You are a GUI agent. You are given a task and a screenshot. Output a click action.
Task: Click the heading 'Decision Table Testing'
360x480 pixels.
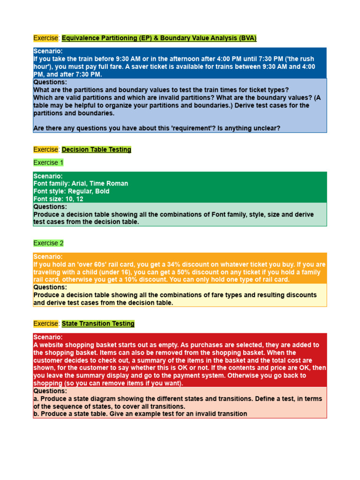tap(97, 150)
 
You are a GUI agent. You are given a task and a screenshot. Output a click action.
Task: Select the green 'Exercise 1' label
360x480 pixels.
tap(48, 163)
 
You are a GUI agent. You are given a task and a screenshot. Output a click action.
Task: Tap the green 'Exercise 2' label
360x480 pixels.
tap(48, 243)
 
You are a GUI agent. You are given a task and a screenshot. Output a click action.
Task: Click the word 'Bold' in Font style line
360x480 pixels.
tap(102, 191)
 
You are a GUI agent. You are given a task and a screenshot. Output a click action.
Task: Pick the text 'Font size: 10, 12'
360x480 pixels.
tap(58, 199)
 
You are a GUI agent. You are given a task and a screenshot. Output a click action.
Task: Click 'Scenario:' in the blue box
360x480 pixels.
tap(48, 52)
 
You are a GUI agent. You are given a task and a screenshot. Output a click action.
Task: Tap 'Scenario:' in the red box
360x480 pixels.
tap(48, 337)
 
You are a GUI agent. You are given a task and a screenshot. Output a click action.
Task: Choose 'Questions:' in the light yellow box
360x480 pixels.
tap(50, 287)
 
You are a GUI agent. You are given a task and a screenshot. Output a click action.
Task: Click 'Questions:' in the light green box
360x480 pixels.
tap(50, 207)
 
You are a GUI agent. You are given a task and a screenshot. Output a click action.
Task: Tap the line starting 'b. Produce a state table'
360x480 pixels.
tap(140, 414)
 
